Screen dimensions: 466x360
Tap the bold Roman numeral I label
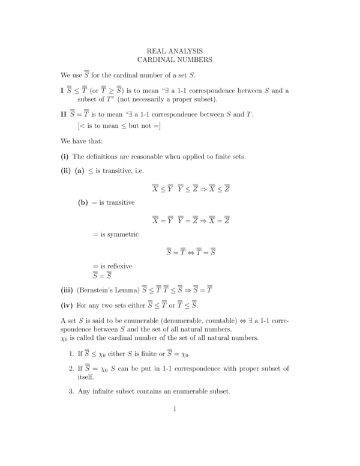[x=62, y=91]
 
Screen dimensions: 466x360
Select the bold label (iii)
[x=68, y=289]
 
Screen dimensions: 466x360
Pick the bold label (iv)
[x=68, y=304]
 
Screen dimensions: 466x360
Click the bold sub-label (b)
[x=84, y=203]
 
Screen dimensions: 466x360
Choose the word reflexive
[x=119, y=266]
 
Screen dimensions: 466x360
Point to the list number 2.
[x=70, y=368]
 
